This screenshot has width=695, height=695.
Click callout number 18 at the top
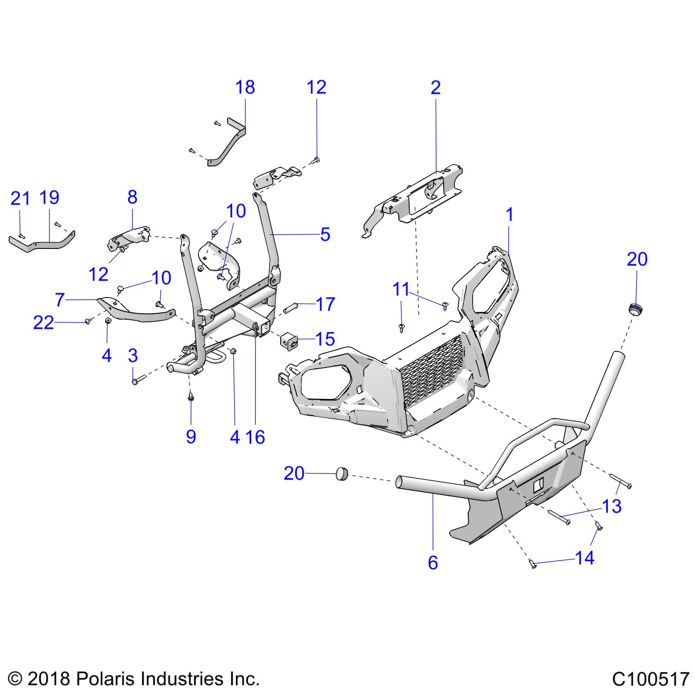click(245, 87)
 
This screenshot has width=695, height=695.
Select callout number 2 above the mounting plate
click(435, 88)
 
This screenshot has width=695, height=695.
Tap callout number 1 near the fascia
click(510, 215)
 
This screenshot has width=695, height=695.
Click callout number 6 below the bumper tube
click(433, 563)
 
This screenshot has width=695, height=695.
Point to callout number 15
click(325, 339)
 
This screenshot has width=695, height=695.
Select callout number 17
click(325, 304)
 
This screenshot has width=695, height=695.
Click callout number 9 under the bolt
click(191, 437)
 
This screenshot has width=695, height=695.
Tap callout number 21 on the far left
click(20, 199)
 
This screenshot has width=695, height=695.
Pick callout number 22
click(43, 323)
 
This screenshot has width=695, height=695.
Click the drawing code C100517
click(650, 678)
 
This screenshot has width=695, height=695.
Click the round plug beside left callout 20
click(342, 473)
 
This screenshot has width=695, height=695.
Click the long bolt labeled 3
click(135, 381)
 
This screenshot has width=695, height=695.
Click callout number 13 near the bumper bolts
click(612, 506)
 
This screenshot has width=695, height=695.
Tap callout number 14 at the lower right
click(585, 558)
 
